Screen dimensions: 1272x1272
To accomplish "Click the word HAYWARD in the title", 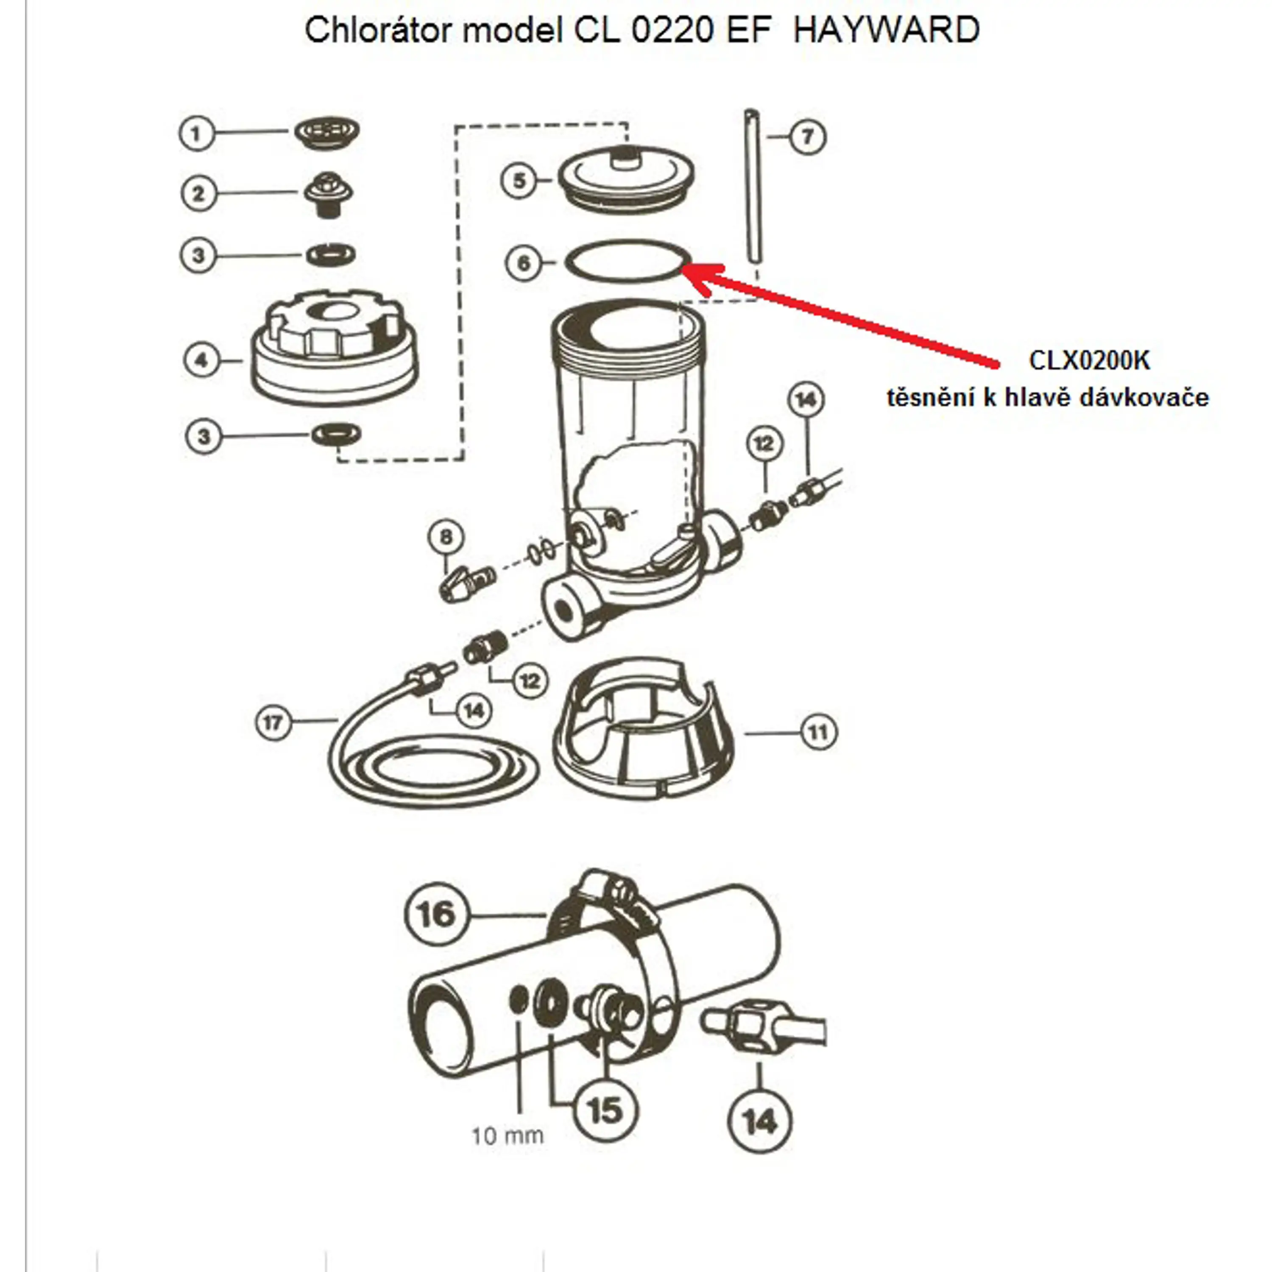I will point(886,30).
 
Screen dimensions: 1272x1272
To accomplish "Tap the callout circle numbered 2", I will point(198,194).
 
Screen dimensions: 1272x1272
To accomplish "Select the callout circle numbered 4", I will point(201,360).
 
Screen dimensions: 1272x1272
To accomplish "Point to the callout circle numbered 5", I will point(519,180).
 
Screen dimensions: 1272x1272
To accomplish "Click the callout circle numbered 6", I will point(523,263).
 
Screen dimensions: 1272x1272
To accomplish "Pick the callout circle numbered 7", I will point(807,137).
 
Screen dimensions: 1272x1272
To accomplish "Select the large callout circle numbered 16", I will point(435,914).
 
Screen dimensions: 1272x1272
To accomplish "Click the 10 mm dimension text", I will point(508,1136).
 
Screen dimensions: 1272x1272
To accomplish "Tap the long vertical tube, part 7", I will point(752,191).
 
